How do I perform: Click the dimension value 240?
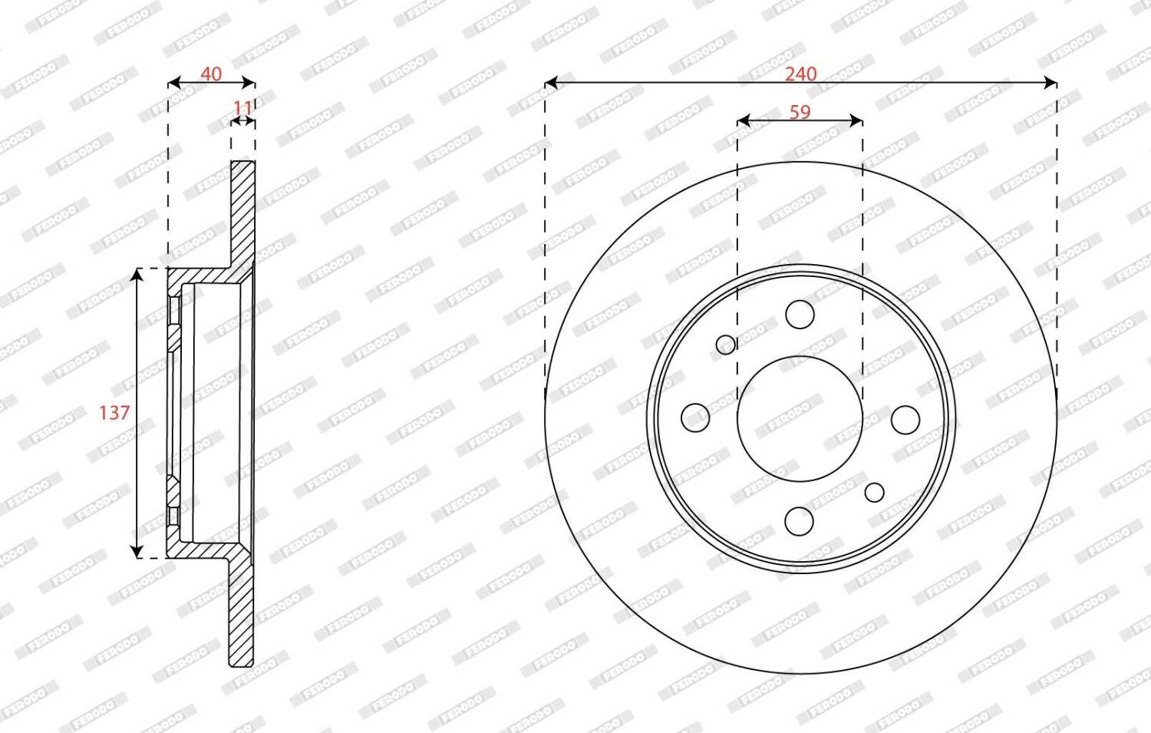tap(800, 74)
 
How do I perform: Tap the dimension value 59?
tap(800, 112)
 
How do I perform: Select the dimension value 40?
tap(211, 74)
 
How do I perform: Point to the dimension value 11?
tap(242, 108)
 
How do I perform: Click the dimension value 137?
tap(114, 412)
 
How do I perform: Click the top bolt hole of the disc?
tap(800, 314)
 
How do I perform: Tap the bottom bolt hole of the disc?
tap(799, 521)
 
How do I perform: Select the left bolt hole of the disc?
tap(695, 418)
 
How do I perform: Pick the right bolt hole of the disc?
tap(905, 419)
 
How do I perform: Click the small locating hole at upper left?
tap(726, 345)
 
